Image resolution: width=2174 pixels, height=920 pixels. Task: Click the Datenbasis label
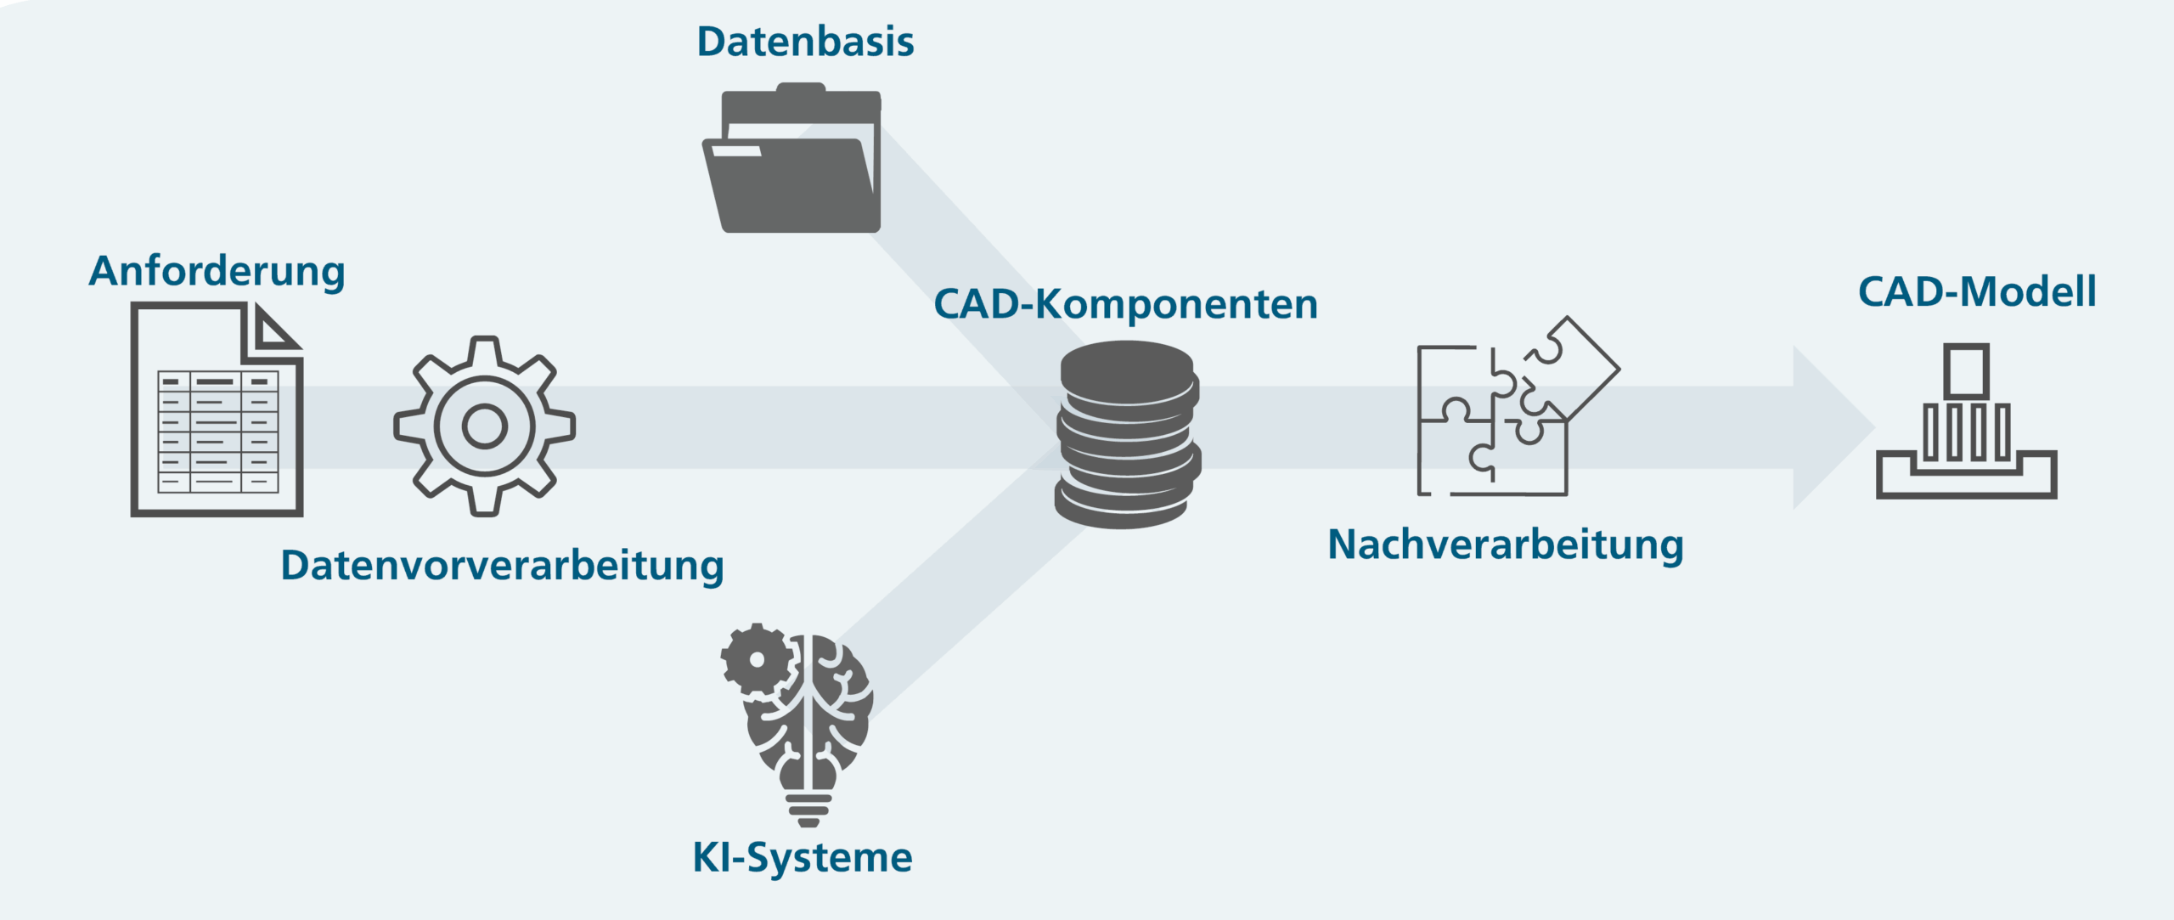pyautogui.click(x=805, y=42)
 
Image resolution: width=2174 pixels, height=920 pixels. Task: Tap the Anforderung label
pyautogui.click(x=217, y=272)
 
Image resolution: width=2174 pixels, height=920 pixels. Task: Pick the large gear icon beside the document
pyautogui.click(x=485, y=426)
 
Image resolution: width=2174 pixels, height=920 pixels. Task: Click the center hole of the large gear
pyautogui.click(x=485, y=426)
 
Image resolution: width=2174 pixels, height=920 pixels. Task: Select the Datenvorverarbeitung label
pyautogui.click(x=502, y=567)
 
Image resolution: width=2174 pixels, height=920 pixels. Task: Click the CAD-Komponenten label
pyautogui.click(x=1126, y=304)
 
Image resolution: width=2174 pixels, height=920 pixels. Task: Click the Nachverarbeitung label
pyautogui.click(x=1506, y=545)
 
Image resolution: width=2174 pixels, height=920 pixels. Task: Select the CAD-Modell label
pyautogui.click(x=1977, y=292)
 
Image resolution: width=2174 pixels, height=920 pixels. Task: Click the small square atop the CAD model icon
pyautogui.click(x=1967, y=371)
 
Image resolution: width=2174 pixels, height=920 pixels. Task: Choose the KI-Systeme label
pyautogui.click(x=803, y=858)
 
